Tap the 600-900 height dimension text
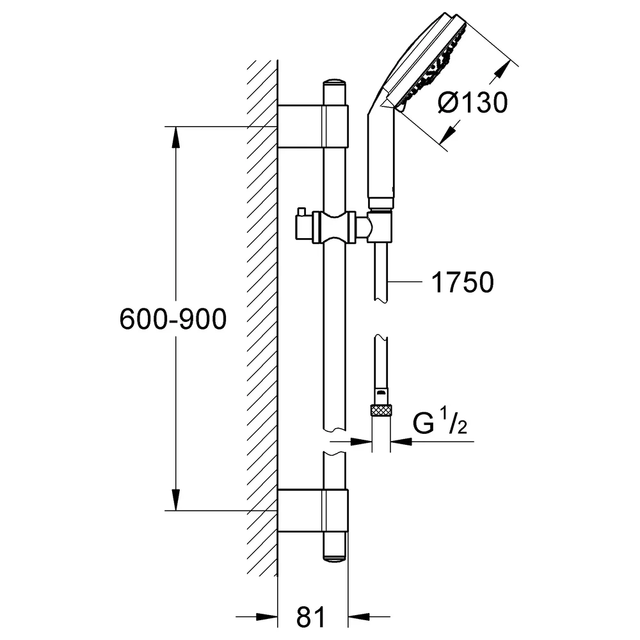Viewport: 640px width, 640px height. (x=173, y=319)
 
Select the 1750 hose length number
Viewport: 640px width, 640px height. (x=463, y=282)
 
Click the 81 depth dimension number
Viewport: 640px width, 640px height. (x=311, y=616)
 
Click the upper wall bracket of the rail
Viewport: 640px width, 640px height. (x=313, y=126)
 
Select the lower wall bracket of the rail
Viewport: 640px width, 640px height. (x=313, y=511)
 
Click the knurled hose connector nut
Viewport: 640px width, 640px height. (x=381, y=410)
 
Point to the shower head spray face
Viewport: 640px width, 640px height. (x=433, y=65)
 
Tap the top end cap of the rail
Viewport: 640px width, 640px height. (x=334, y=82)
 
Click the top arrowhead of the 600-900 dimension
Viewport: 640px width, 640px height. (x=176, y=137)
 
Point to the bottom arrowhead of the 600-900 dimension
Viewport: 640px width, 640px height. (x=176, y=500)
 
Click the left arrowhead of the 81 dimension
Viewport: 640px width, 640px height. (x=267, y=617)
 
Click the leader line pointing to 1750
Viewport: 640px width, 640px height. (x=405, y=281)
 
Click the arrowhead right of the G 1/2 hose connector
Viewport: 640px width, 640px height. (x=401, y=441)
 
